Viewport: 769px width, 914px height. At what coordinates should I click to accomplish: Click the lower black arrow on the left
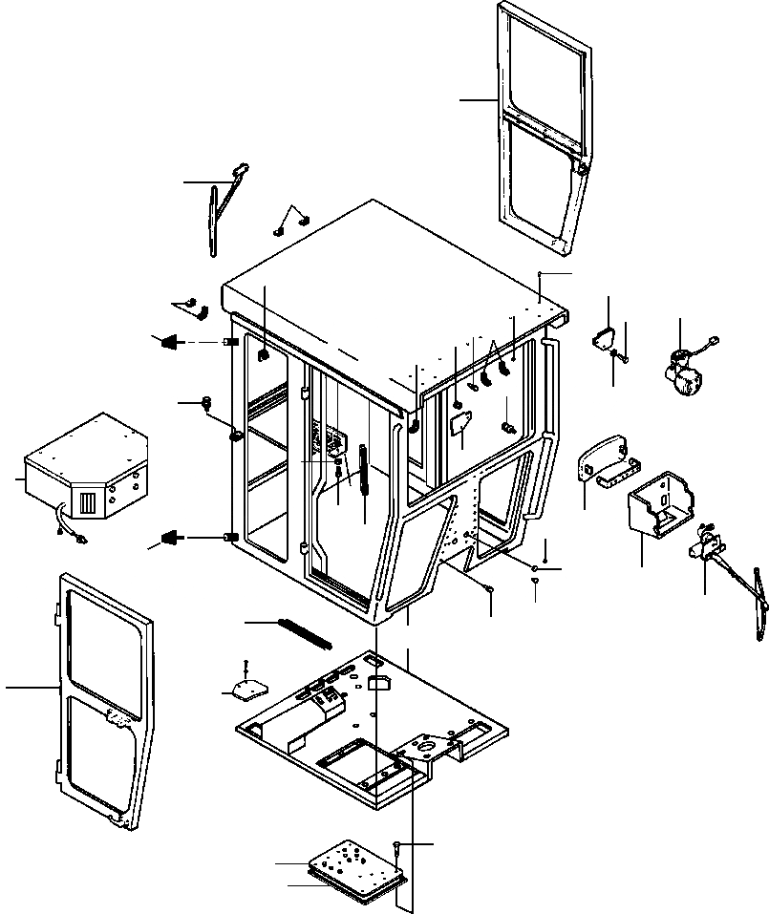tap(172, 538)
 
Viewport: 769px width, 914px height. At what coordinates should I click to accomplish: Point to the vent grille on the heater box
tap(87, 500)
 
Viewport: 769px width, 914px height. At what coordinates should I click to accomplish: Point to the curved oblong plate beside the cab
tap(602, 462)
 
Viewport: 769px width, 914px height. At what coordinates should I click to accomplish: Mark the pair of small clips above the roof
tap(291, 223)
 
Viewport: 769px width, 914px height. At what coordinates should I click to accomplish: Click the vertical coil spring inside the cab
tap(364, 469)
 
